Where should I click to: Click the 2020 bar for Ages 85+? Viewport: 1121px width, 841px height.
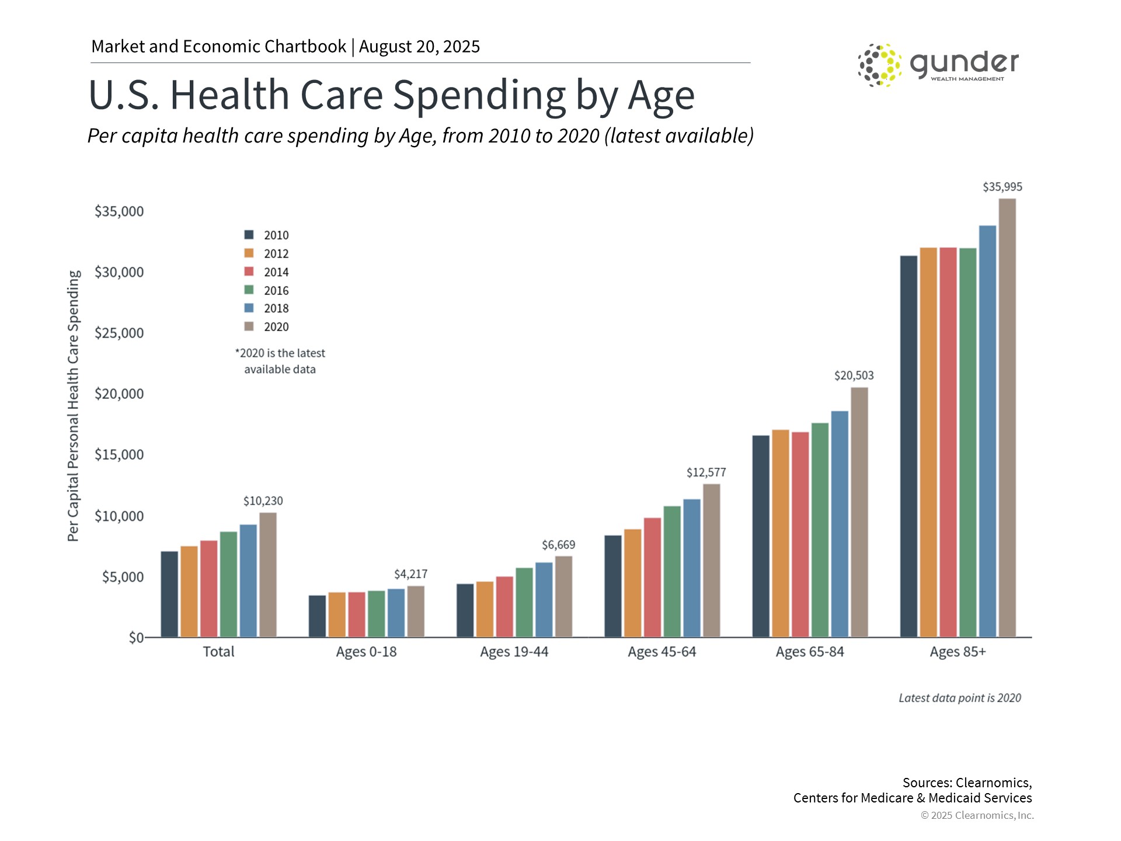1007,418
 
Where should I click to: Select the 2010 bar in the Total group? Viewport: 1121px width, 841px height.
169,594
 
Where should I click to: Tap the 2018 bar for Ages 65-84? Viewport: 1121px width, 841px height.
840,524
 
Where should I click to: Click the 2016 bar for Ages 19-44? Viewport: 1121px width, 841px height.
524,602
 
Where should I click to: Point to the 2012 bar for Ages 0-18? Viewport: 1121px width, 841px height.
337,614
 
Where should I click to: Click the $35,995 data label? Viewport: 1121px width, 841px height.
1002,187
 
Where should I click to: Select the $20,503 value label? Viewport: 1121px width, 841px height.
854,376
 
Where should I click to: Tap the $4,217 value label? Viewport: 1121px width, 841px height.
410,574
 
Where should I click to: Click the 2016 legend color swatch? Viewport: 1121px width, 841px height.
249,290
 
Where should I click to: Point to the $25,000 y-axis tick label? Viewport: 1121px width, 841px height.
119,333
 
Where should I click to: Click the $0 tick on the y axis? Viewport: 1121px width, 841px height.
135,638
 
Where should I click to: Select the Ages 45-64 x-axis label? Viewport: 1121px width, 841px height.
662,652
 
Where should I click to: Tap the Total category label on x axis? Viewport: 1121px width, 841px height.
218,652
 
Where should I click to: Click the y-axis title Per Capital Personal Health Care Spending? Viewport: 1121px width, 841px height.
73,406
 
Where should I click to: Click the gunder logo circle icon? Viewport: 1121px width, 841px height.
879,65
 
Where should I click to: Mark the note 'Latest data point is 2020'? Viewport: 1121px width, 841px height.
959,698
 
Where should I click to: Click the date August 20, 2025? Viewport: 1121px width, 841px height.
419,47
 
